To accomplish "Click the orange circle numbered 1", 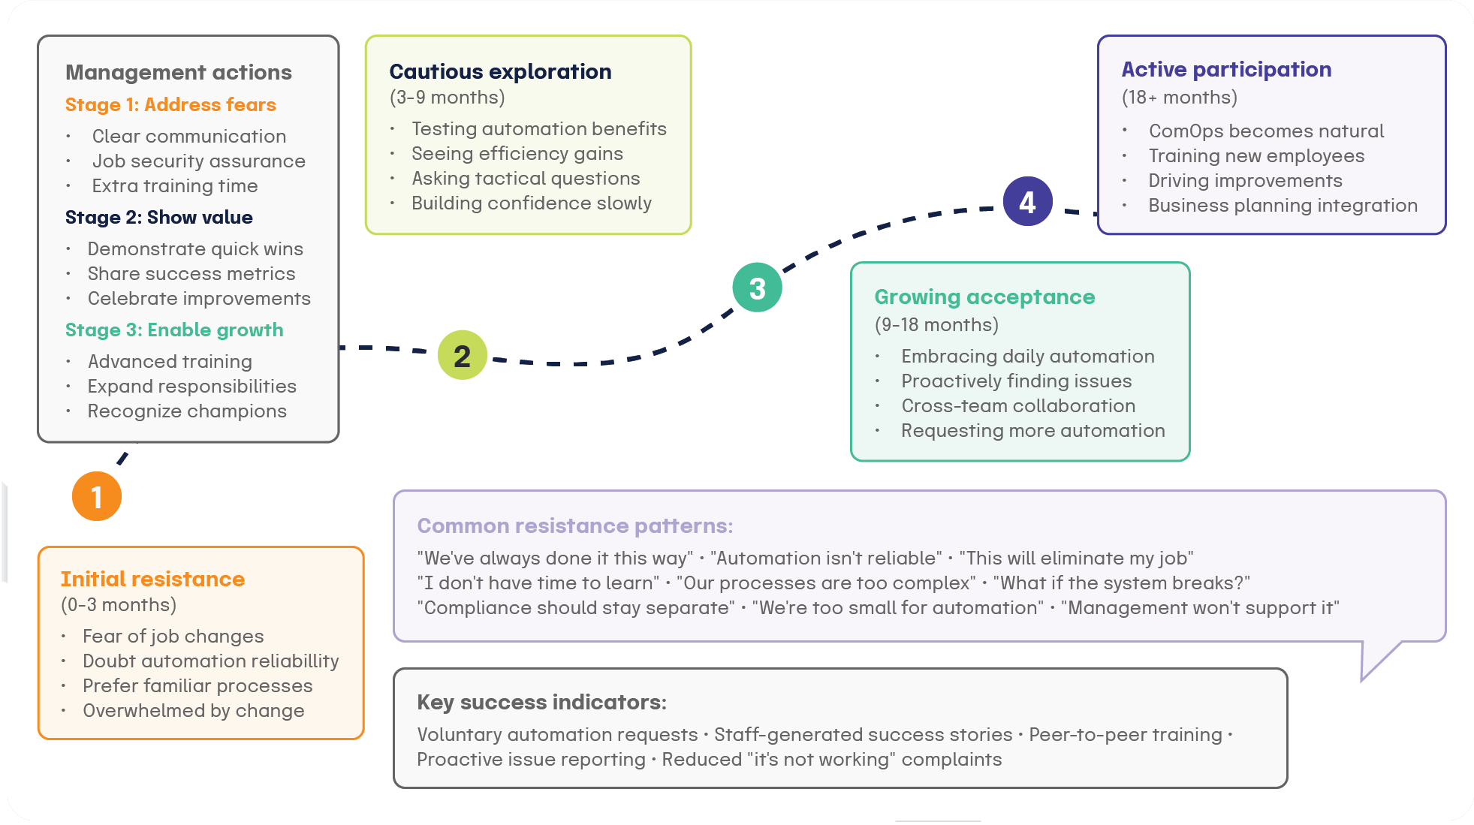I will [97, 496].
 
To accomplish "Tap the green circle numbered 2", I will [463, 355].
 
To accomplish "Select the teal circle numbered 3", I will [757, 288].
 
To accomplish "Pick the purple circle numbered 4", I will [1027, 201].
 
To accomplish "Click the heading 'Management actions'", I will [179, 72].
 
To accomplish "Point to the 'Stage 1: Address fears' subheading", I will [170, 104].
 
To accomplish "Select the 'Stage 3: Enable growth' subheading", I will [174, 330].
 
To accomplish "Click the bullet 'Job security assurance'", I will [198, 161].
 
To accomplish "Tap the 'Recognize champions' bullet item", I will [187, 411].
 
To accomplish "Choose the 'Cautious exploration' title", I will [500, 71].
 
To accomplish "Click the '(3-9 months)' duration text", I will [447, 97].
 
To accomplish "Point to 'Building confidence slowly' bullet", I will [531, 203].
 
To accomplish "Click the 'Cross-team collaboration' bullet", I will [1018, 405].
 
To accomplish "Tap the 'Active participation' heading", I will [1226, 69].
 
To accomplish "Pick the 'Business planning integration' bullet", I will [1283, 205].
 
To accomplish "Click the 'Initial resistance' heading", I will [152, 579].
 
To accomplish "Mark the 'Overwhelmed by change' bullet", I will [193, 710].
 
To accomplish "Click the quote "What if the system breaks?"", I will [1121, 583].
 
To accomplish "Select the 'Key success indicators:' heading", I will [541, 702].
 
